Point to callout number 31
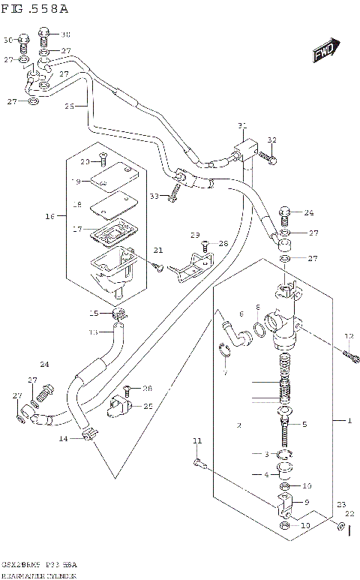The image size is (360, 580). coord(241,125)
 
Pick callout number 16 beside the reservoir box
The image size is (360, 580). coord(49,216)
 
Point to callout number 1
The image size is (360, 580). coord(347,422)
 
